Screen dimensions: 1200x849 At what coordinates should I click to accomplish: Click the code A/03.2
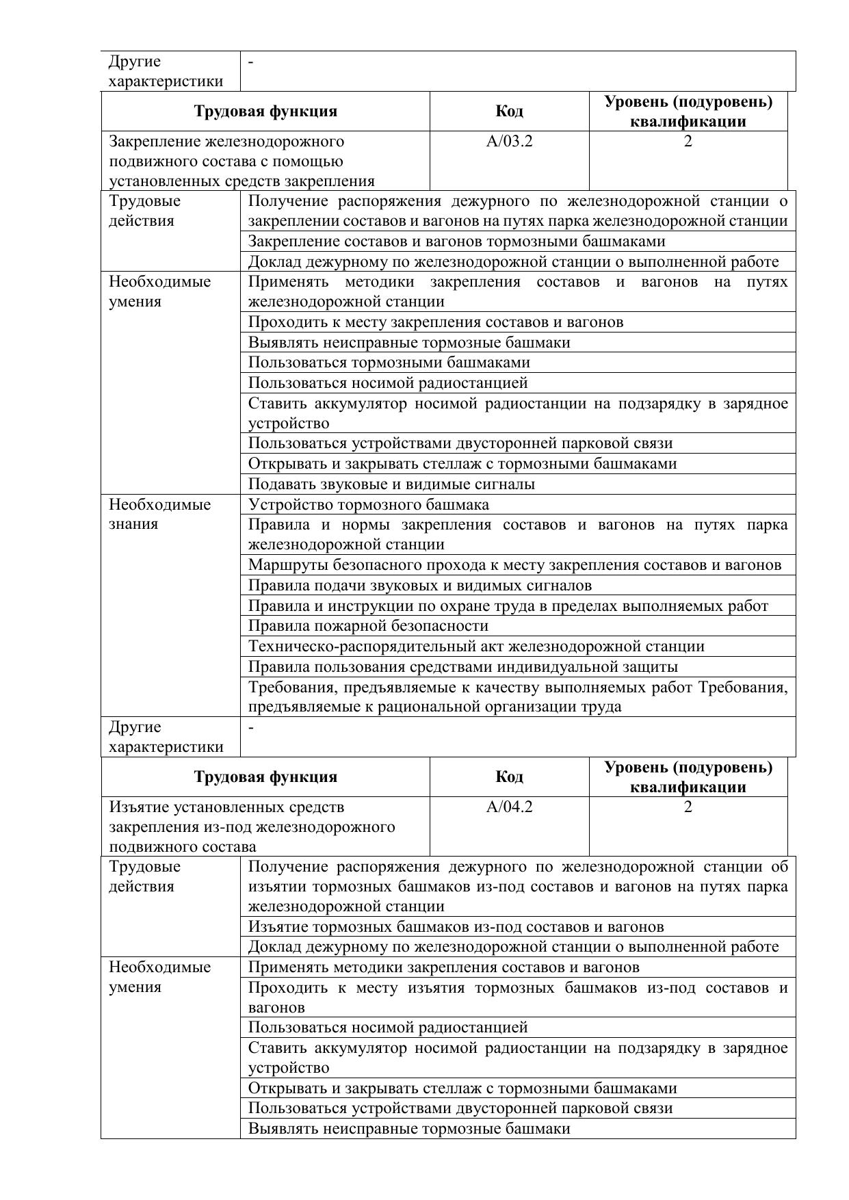coord(509,142)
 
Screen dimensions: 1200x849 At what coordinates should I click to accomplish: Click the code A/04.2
coord(509,807)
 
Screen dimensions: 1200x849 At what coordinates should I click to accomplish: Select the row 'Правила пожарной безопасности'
coord(368,626)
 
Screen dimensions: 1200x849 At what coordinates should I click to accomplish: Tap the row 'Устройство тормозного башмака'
coord(369,505)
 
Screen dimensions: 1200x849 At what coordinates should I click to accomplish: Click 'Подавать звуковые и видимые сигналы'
coord(391,484)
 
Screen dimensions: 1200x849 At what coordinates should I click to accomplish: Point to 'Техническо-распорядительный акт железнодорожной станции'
coord(476,647)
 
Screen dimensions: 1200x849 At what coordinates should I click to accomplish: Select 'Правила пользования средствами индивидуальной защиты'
coord(463,666)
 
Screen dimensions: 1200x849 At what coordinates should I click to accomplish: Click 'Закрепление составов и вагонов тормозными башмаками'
coord(456,242)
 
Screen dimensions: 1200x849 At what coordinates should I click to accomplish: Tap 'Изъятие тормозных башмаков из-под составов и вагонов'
coord(456,927)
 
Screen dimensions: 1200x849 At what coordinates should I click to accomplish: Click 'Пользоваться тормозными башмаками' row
coord(389,363)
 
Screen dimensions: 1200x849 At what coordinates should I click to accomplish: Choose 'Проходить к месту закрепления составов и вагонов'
coord(436,322)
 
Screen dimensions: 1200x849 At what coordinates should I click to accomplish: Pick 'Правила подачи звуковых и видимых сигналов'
coord(420,586)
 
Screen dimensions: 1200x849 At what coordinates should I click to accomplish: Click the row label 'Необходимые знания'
coord(160,514)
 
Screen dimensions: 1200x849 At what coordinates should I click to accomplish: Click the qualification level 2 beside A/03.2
coord(688,142)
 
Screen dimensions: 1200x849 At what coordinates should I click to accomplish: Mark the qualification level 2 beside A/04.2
coord(688,807)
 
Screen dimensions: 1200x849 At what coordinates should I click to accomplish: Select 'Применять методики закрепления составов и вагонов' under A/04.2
coord(443,967)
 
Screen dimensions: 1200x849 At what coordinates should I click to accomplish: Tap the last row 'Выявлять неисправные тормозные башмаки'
coord(409,1129)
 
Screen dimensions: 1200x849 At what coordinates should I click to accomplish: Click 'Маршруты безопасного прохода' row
coord(514,565)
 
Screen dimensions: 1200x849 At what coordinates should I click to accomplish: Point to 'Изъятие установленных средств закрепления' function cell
coord(252,826)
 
